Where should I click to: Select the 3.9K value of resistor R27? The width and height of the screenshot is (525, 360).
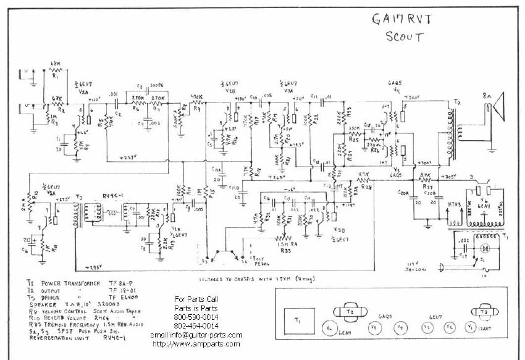pos(426,175)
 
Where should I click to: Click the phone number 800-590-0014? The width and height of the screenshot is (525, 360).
pos(196,316)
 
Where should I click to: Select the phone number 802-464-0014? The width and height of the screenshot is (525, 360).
pos(196,325)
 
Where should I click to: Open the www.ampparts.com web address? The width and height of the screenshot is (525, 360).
pos(196,343)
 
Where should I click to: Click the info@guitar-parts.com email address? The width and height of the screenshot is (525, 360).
pos(196,335)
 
